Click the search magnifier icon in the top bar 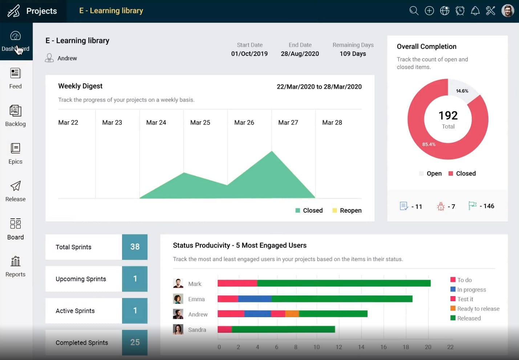click(414, 11)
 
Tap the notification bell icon click(475, 11)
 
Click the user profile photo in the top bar click(507, 11)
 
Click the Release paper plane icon click(15, 186)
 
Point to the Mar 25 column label click(200, 123)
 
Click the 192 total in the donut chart click(448, 115)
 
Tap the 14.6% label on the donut click(462, 91)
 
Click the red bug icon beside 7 click(441, 206)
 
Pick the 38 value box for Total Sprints click(135, 247)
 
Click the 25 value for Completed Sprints click(135, 342)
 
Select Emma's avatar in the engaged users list click(178, 299)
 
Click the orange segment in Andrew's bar click(292, 314)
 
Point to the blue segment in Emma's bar click(255, 299)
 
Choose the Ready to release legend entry click(478, 309)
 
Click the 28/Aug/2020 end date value click(300, 54)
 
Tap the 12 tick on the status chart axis click(339, 347)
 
